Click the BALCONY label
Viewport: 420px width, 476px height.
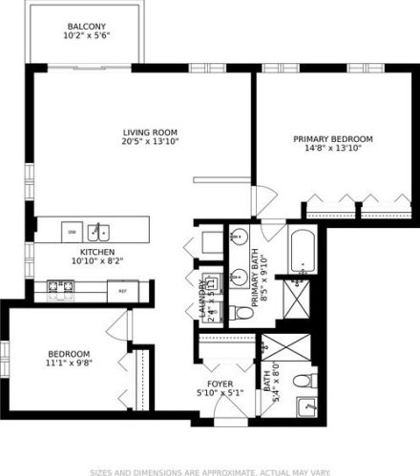coord(87,26)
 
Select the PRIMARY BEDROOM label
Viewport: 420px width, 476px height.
coord(332,139)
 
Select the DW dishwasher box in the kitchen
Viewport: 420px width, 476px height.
coord(72,232)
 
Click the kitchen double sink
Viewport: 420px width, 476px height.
coord(99,232)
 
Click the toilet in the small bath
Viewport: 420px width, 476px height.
coord(303,382)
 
